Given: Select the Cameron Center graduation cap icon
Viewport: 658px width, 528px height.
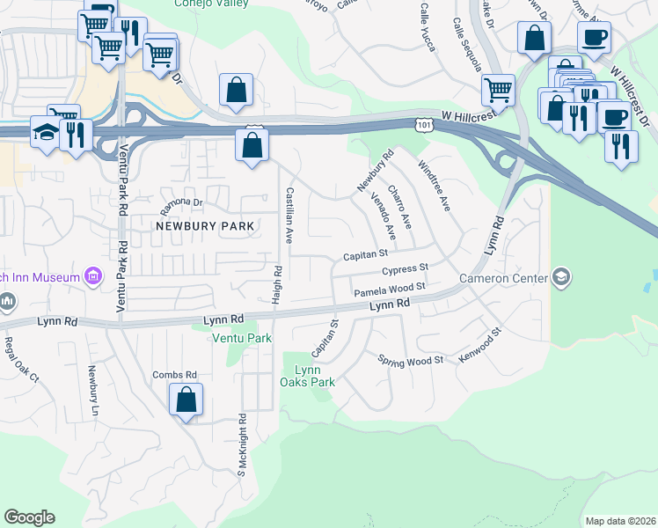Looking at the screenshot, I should pyautogui.click(x=560, y=278).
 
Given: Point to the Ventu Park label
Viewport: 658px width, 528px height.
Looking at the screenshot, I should pyautogui.click(x=240, y=338).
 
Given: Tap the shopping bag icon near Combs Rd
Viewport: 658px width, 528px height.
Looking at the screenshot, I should pyautogui.click(x=186, y=400).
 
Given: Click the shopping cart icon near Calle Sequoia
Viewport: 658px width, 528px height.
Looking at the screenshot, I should pyautogui.click(x=499, y=90).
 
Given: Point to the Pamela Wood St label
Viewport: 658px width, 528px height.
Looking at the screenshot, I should pyautogui.click(x=390, y=289).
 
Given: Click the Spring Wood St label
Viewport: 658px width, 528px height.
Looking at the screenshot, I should pyautogui.click(x=410, y=361).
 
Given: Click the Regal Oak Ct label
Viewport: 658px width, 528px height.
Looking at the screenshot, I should pyautogui.click(x=22, y=360).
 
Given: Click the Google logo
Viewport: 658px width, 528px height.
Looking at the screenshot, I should pyautogui.click(x=29, y=517).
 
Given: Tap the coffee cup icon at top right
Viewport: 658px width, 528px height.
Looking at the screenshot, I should pyautogui.click(x=594, y=38).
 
